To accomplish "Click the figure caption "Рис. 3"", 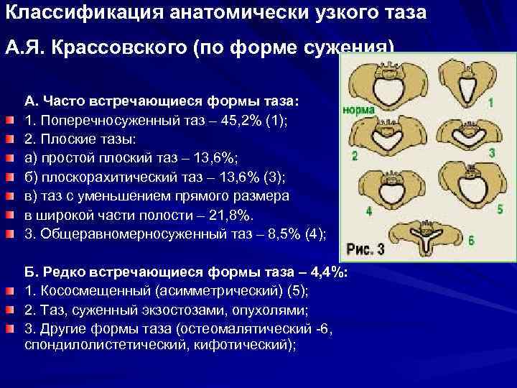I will [x=366, y=249].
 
